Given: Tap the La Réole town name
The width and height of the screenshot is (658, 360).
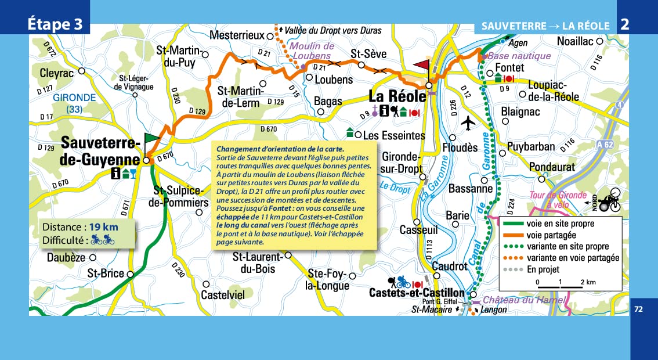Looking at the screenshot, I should click(397, 96).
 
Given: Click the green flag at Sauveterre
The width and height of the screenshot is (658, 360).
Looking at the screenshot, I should click(151, 138).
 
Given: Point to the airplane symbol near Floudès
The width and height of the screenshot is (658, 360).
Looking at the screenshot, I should click(468, 123).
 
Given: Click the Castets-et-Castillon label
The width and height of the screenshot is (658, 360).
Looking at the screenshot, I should click(417, 293).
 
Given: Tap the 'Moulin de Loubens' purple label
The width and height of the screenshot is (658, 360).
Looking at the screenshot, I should click(312, 51).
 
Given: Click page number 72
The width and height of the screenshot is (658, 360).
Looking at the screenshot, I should click(639, 309).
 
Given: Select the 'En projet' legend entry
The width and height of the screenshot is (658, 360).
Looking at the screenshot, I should click(543, 269).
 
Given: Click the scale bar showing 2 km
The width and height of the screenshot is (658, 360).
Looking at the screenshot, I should click(560, 286).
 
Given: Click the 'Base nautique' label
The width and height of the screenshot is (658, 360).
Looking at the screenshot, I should click(519, 56).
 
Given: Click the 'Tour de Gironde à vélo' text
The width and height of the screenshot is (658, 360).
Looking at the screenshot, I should click(558, 200).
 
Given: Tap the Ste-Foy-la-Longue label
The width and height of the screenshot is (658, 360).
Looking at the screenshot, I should click(328, 279).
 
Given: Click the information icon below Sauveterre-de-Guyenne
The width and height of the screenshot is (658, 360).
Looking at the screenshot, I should click(116, 173).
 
